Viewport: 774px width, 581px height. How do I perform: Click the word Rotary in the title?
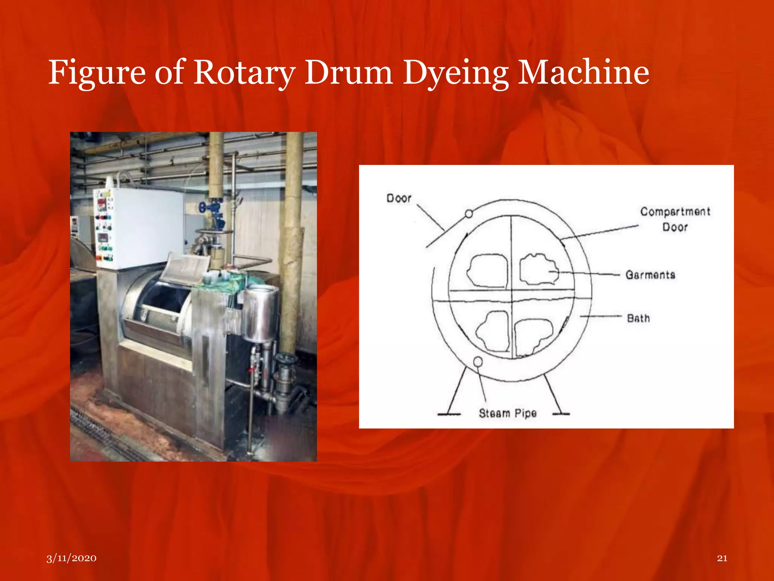[244, 73]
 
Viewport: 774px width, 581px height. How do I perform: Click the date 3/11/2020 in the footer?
[71, 558]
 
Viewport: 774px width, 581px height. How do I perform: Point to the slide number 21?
[722, 558]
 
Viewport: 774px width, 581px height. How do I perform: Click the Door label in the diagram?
[399, 198]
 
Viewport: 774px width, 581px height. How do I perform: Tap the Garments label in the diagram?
[650, 275]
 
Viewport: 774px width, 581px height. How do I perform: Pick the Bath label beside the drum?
[638, 318]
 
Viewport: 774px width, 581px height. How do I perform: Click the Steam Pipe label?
[508, 413]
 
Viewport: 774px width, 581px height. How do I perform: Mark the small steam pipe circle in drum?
[478, 362]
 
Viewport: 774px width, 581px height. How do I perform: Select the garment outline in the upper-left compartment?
[488, 271]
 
